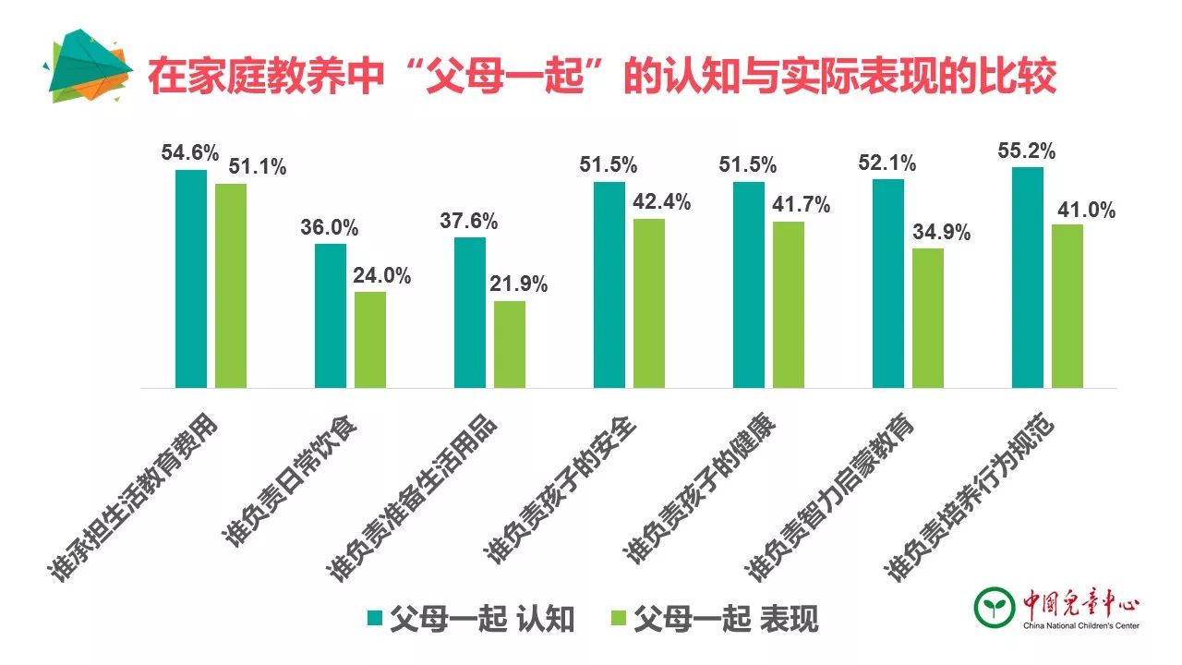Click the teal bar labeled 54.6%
tap(191, 279)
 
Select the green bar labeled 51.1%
tap(231, 286)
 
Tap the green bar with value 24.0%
tap(370, 340)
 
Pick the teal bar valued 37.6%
tap(470, 313)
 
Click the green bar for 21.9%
tap(510, 345)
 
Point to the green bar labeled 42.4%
tap(649, 304)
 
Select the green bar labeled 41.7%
tap(789, 305)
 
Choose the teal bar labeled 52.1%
tap(888, 284)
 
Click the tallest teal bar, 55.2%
tap(1028, 278)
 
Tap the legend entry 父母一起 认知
tap(471, 618)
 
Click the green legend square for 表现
tap(620, 617)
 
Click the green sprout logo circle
tap(995, 606)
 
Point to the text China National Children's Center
tap(1080, 626)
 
